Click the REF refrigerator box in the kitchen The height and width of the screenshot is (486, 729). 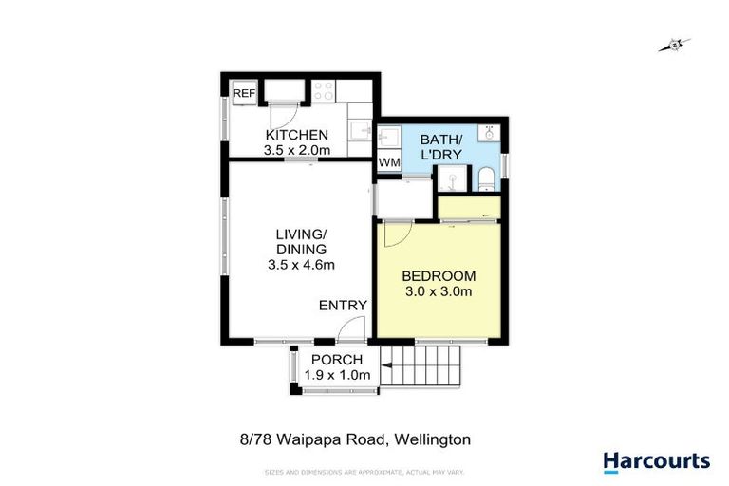pyautogui.click(x=245, y=93)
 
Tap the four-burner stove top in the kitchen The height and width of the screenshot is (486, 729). pyautogui.click(x=323, y=92)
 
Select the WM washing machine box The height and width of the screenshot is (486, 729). pyautogui.click(x=389, y=163)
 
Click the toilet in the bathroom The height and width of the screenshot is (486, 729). pyautogui.click(x=484, y=178)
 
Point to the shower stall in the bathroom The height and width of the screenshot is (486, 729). pyautogui.click(x=451, y=177)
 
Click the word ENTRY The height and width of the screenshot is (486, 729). pyautogui.click(x=342, y=305)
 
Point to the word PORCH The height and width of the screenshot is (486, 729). pyautogui.click(x=337, y=359)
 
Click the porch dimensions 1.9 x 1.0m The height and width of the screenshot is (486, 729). pyautogui.click(x=337, y=375)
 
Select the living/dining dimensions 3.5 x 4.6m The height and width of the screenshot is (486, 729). pyautogui.click(x=301, y=265)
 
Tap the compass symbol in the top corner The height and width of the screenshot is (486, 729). pyautogui.click(x=675, y=44)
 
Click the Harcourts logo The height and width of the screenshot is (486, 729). pyautogui.click(x=656, y=462)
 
